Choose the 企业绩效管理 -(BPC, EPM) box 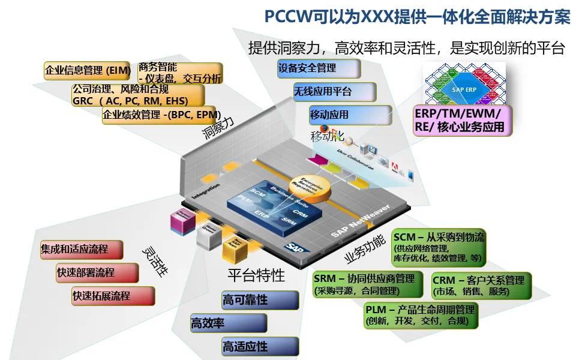pyautogui.click(x=161, y=115)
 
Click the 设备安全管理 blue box pyautogui.click(x=319, y=68)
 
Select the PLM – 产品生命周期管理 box pyautogui.click(x=422, y=315)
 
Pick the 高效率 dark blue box pyautogui.click(x=229, y=323)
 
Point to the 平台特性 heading pyautogui.click(x=256, y=275)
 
